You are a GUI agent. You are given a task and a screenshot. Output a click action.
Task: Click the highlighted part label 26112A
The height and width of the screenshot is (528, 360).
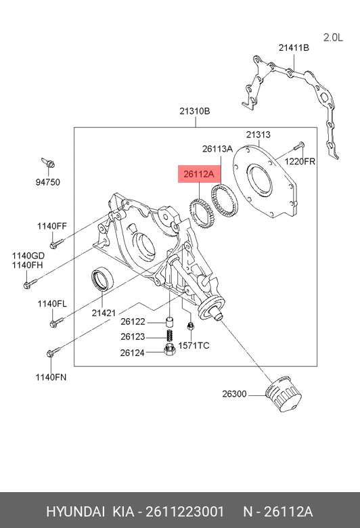[199, 174]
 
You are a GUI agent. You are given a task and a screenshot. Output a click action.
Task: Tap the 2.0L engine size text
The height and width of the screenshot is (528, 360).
[333, 37]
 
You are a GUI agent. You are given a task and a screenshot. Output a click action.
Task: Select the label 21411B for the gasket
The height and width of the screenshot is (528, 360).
[294, 48]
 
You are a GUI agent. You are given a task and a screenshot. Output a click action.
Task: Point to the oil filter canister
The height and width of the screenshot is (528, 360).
[284, 393]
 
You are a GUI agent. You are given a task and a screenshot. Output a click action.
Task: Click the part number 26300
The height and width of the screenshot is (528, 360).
[234, 394]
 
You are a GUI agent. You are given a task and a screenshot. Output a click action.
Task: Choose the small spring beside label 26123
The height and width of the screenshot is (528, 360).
[171, 336]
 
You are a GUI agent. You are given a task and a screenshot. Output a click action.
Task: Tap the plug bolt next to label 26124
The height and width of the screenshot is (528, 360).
[169, 350]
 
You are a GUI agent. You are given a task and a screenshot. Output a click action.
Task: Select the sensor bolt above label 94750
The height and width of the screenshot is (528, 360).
[48, 162]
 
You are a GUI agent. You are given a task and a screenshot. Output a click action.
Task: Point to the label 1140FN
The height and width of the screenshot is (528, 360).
[51, 378]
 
